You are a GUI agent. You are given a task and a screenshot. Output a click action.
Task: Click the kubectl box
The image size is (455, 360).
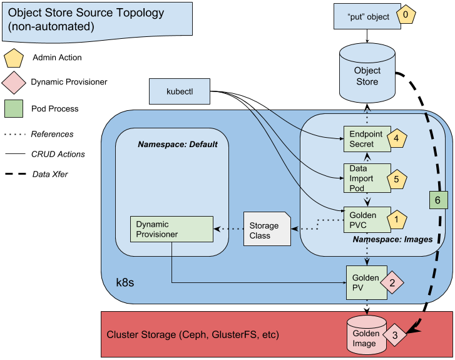coord(180,91)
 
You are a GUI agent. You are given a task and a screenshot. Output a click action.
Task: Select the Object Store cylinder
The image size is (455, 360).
coord(367,73)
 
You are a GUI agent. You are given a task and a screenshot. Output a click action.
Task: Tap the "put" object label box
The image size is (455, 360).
coord(364,17)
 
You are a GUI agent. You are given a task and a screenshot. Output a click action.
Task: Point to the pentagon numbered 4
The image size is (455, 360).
coord(397,138)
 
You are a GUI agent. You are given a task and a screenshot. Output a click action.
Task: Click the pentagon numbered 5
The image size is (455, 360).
coord(397,178)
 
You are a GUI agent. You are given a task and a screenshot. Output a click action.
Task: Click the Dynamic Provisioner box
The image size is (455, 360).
coord(171,229)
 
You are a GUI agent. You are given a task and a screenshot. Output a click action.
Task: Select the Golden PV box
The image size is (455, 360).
coord(362,282)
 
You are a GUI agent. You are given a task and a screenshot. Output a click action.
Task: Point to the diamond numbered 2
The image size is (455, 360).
coord(392,283)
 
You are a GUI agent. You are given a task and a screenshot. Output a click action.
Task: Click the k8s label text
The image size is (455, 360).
coord(125,283)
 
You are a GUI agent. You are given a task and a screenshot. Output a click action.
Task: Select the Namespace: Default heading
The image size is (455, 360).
coord(178,144)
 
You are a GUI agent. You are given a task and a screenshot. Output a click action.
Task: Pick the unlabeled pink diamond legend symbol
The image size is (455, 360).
coord(14,83)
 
